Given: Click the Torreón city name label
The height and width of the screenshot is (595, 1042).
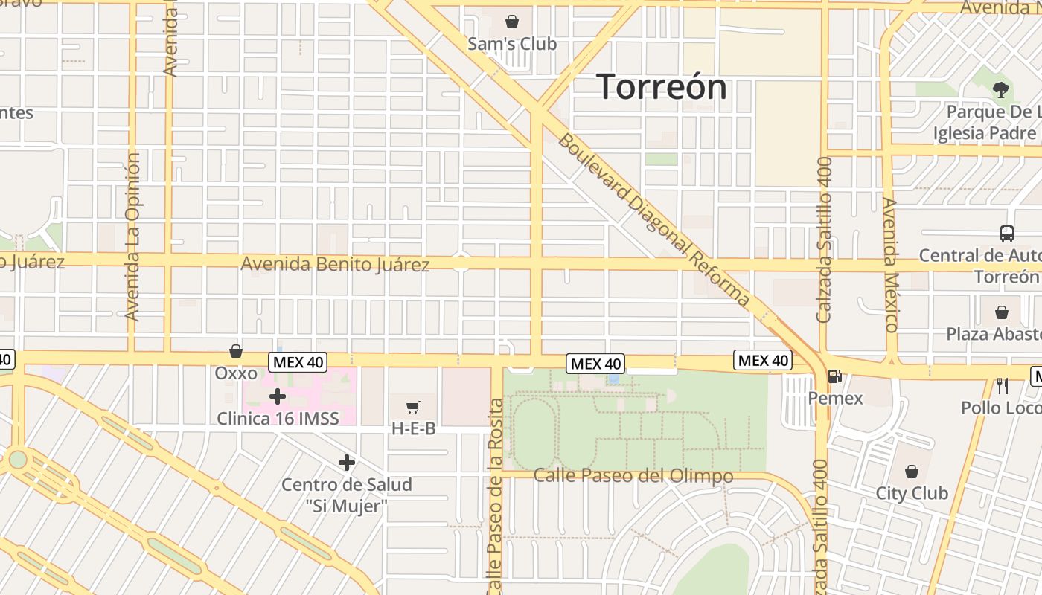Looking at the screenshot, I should point(662,86).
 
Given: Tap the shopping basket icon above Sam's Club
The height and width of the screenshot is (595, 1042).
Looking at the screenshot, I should point(512,22).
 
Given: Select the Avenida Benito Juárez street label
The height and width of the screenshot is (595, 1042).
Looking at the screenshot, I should point(335,264).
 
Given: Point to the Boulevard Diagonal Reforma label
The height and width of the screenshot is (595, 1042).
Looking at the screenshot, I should point(653,219).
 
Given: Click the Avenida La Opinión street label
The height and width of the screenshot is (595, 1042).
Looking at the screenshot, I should point(133,237).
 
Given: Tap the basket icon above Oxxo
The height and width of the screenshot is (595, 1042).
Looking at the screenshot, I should point(236,350).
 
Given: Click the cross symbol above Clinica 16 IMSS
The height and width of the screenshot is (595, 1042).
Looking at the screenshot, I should point(278,396).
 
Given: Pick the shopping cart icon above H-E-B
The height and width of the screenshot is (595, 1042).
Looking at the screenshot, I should point(413,407).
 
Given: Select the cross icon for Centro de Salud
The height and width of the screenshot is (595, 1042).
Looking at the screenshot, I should point(346,463).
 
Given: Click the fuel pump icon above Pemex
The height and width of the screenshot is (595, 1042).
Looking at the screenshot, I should point(835,377).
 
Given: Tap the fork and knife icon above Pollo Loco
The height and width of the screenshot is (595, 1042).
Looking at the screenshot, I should point(1002,385).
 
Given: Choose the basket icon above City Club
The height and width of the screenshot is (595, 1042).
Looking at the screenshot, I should point(912,472).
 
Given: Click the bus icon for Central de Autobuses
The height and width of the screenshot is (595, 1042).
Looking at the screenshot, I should point(1007,233).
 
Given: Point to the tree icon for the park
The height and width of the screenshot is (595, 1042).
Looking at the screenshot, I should point(1001,90).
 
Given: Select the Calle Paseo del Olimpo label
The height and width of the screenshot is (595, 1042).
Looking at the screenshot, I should point(633,476).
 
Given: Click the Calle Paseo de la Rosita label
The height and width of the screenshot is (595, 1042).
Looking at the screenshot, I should point(495,497).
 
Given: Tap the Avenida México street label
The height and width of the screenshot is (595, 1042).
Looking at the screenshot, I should point(890,264).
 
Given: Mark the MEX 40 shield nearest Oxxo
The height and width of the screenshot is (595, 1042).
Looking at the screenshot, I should point(298,362).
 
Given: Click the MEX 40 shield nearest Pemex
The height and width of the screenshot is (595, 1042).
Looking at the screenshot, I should point(763,361).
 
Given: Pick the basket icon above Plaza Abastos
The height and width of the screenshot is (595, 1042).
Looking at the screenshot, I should point(1002,312).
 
